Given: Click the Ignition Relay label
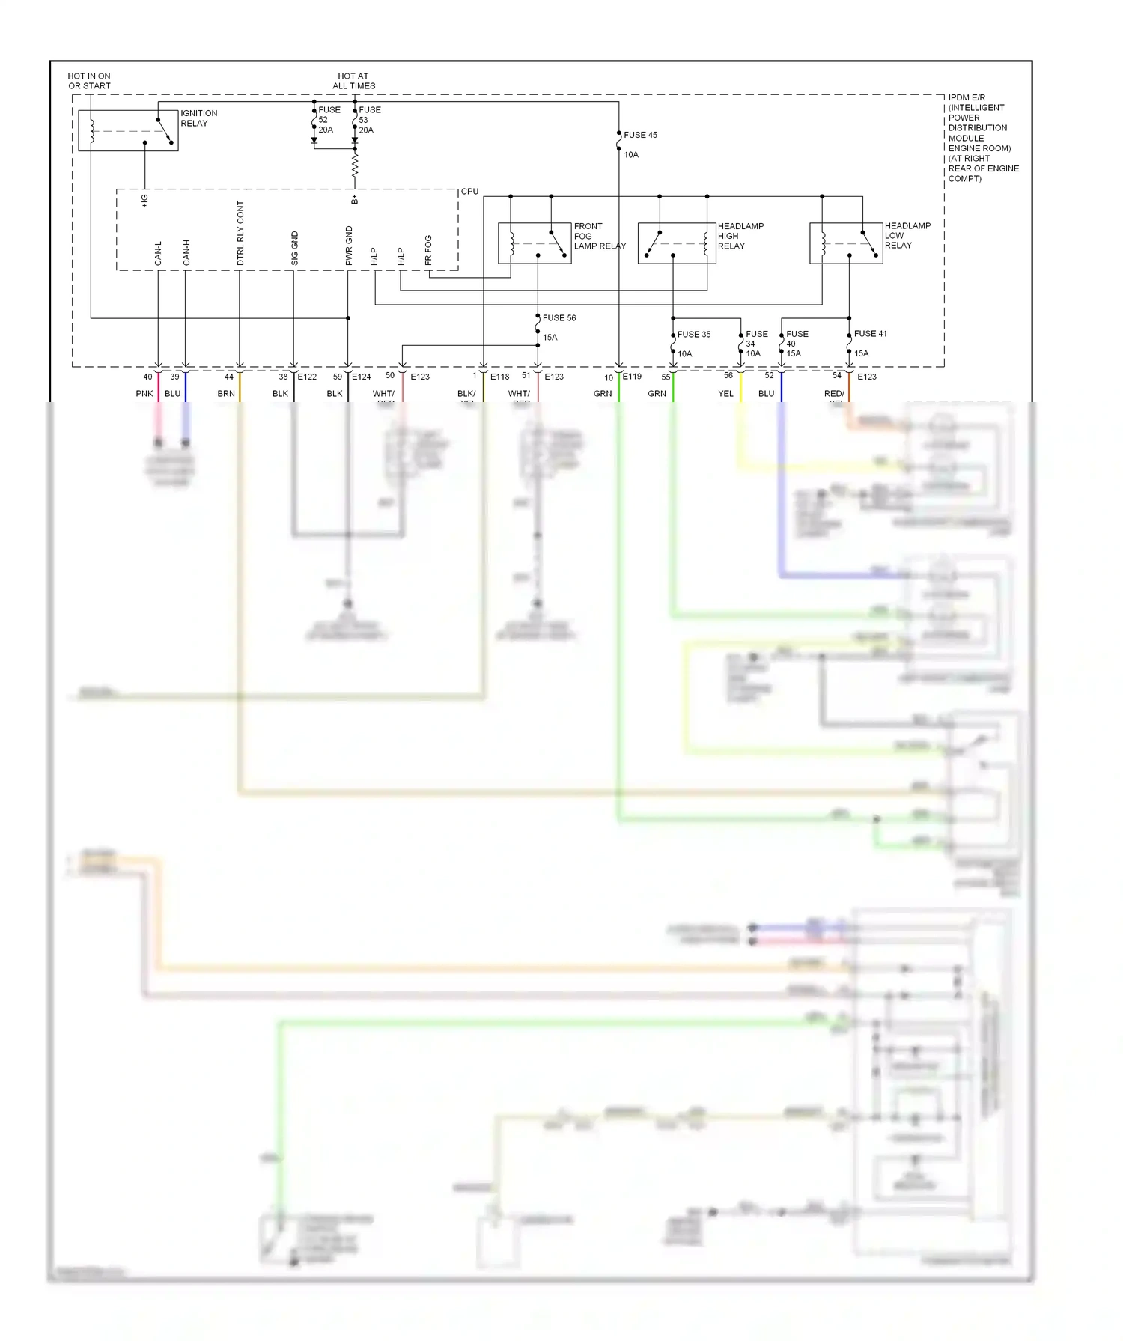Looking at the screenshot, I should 198,118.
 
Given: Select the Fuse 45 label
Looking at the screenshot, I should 640,135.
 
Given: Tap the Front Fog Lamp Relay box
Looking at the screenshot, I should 535,243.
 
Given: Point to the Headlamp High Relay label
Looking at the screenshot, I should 740,236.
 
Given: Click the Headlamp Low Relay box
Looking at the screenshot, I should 845,243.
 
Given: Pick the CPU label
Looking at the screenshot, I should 469,192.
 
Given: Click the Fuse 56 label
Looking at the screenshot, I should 559,318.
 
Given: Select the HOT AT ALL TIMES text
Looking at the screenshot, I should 353,81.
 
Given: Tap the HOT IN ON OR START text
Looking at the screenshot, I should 89,81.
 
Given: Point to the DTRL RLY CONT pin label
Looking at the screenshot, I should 240,233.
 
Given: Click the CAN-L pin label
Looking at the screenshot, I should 158,253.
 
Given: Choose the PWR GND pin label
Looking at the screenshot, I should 349,246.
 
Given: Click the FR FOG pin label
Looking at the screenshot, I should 428,250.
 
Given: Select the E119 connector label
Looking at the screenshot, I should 632,377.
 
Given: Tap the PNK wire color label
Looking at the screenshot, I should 144,394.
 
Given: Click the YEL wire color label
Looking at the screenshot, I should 725,394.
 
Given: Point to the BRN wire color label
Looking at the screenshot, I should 226,394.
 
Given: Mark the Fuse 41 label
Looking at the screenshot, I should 870,334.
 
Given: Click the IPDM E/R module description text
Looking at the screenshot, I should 982,138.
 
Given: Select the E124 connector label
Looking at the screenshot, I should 362,377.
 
